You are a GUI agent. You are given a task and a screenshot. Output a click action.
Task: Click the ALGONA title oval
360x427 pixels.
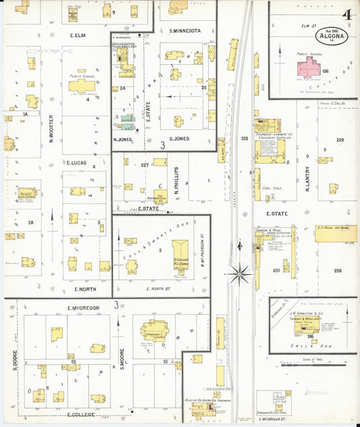pyautogui.click(x=331, y=36)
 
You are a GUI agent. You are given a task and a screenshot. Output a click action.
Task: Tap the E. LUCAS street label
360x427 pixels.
pyautogui.click(x=79, y=162)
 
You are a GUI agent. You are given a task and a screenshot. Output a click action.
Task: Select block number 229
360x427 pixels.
pyautogui.click(x=340, y=140)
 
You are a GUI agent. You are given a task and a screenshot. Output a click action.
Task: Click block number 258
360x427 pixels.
pyautogui.click(x=337, y=271)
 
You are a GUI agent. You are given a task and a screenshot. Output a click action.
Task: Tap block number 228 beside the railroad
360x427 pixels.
pyautogui.click(x=245, y=139)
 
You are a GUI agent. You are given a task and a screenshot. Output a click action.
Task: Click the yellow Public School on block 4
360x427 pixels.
pyautogui.click(x=81, y=86)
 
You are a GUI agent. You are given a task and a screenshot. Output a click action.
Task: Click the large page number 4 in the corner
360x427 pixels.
pyautogui.click(x=346, y=15)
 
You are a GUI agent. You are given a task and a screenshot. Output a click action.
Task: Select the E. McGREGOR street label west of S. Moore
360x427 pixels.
pyautogui.click(x=83, y=308)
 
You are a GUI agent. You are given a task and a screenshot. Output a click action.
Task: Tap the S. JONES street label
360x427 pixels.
pyautogui.click(x=179, y=139)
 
